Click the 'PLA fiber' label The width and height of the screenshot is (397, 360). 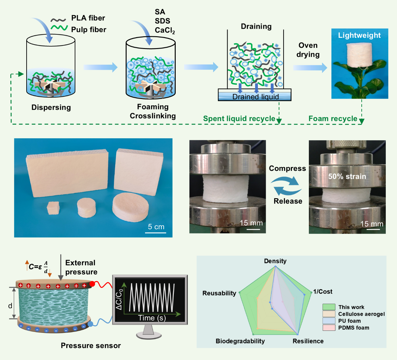click(88, 18)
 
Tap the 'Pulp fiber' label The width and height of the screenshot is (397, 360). click(88, 30)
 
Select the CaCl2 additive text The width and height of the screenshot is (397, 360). click(165, 30)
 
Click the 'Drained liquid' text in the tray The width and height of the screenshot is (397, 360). click(255, 97)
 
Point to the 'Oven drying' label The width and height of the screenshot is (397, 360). click(308, 50)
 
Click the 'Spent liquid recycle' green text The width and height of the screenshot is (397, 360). click(239, 119)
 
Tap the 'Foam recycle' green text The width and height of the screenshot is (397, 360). click(333, 119)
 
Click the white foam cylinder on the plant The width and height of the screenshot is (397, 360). click(359, 55)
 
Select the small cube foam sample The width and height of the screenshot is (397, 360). click(53, 208)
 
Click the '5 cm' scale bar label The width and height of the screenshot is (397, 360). click(156, 227)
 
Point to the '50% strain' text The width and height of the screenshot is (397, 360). click(347, 176)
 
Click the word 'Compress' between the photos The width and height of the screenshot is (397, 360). click(287, 169)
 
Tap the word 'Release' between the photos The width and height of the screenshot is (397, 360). click(288, 201)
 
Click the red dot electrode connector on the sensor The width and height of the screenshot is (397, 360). click(92, 284)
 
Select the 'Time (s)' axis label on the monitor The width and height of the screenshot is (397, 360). click(152, 318)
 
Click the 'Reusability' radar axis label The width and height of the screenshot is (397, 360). click(219, 293)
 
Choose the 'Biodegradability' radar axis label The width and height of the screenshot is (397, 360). click(240, 341)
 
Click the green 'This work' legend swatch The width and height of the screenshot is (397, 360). click(329, 307)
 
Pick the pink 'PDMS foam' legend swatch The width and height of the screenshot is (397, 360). click(329, 328)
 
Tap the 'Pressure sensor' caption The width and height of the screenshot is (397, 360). click(91, 346)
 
